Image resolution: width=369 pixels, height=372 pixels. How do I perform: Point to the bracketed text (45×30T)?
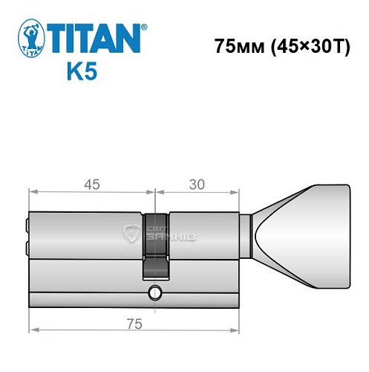tap(310, 46)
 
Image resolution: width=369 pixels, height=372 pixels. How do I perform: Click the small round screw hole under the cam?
tap(155, 291)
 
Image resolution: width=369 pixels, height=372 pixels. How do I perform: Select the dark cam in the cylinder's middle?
tap(156, 243)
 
